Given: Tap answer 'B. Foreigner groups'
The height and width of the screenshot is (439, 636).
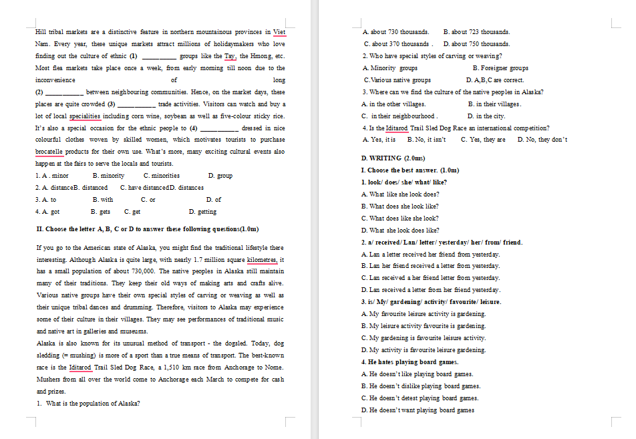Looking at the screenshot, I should (x=500, y=68).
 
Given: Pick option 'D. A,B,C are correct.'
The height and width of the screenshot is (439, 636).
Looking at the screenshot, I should (x=495, y=80).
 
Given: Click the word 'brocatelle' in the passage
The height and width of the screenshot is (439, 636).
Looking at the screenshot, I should (x=49, y=152).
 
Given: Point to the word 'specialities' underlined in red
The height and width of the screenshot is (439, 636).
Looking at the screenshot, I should (x=90, y=116).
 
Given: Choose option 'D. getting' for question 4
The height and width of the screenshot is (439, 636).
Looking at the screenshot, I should (x=202, y=212).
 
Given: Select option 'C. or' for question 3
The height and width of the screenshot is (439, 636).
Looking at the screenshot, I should (x=148, y=200).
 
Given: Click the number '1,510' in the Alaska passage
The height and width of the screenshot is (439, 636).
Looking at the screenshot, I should (x=167, y=368).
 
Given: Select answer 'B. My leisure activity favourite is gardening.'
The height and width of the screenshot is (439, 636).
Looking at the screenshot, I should (x=423, y=326).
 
